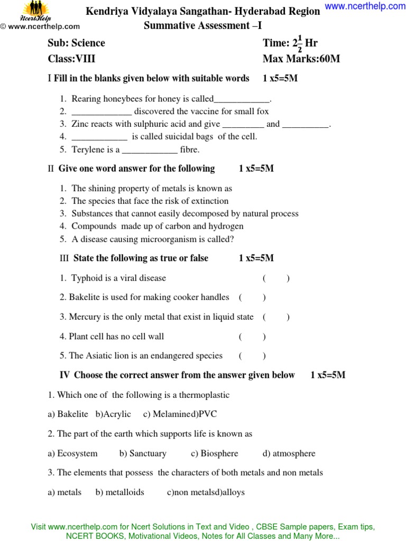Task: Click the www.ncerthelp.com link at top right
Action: click(x=365, y=6)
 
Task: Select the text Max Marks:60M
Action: click(x=301, y=59)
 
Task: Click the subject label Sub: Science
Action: click(x=76, y=43)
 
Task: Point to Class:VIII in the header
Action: click(x=71, y=59)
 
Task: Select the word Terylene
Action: click(x=87, y=150)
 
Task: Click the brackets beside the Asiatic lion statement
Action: click(x=252, y=356)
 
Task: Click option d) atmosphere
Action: click(x=289, y=453)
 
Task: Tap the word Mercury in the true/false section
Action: click(x=85, y=317)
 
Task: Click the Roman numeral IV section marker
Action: click(x=64, y=375)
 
